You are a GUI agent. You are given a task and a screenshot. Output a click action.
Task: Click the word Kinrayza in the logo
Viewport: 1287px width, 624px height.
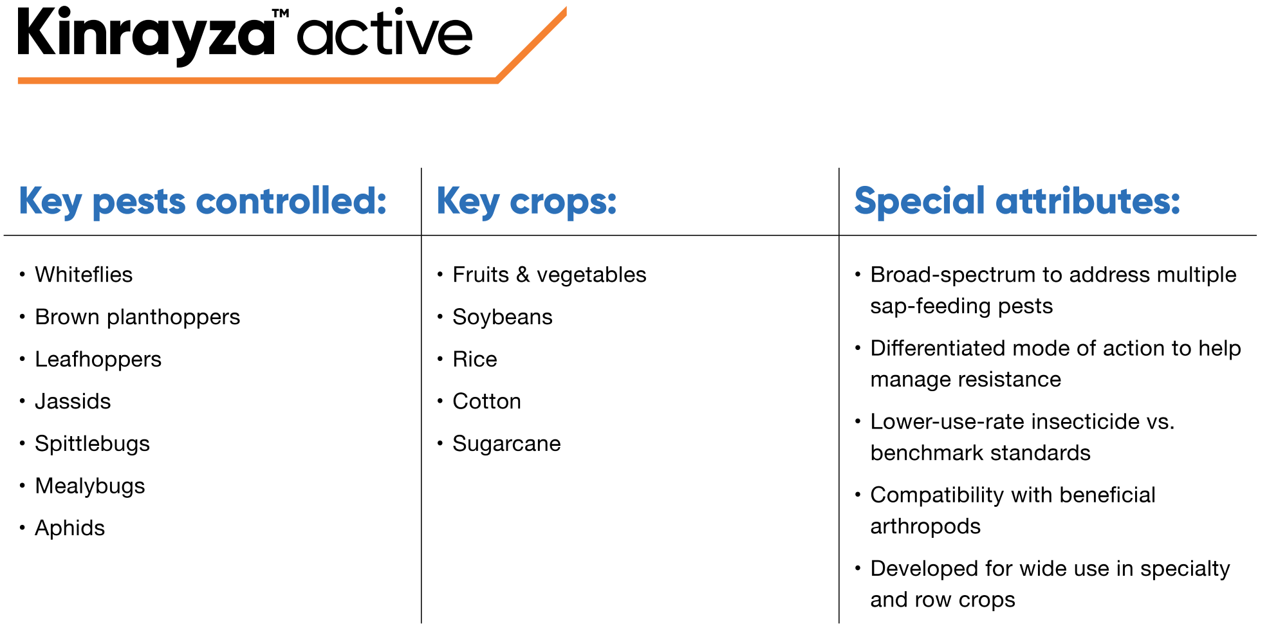click(146, 35)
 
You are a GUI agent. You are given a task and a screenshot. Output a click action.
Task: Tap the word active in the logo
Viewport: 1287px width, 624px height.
click(384, 33)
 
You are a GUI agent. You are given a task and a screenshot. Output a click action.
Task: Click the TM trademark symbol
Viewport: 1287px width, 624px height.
click(281, 13)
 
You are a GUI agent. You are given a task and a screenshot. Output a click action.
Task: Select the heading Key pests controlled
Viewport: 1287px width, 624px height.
click(203, 201)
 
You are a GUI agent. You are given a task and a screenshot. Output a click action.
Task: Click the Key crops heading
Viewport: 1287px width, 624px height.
click(526, 201)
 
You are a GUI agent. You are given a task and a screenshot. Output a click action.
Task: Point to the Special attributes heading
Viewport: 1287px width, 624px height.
click(1017, 201)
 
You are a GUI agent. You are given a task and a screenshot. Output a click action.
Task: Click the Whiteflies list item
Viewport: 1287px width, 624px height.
click(84, 275)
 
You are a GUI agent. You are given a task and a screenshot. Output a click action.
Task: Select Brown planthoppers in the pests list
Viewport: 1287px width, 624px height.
click(137, 317)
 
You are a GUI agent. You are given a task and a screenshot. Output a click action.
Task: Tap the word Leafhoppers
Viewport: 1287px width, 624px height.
click(98, 359)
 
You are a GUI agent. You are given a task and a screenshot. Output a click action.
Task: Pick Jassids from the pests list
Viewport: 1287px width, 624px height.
click(73, 401)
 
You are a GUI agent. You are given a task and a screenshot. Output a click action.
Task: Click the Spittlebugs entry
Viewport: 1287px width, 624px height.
click(92, 444)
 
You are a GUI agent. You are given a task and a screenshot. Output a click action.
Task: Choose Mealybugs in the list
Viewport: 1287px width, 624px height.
click(90, 486)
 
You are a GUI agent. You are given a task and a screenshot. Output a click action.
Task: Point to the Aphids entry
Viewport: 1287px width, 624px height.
click(69, 528)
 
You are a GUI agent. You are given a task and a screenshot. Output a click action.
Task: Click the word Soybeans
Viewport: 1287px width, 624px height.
click(503, 317)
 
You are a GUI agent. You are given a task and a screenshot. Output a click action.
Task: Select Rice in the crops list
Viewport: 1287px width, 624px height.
click(475, 359)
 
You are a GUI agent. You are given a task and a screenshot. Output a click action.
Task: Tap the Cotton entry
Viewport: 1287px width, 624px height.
click(486, 401)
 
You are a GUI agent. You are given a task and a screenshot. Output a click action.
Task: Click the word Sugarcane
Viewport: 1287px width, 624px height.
click(506, 444)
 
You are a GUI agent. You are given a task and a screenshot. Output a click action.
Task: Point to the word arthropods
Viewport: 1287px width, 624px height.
click(925, 527)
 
